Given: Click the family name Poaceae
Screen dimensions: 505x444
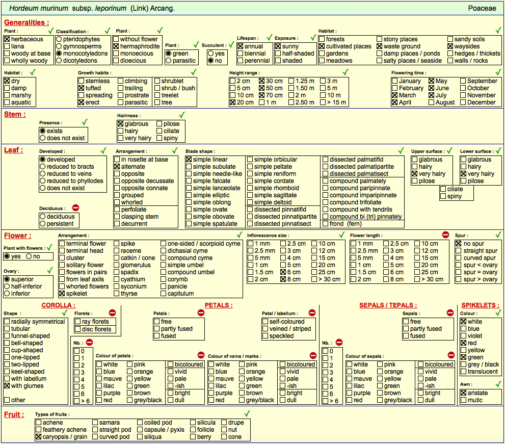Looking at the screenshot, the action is tap(482, 8).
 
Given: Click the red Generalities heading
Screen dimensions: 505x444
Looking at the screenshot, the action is tap(26, 22).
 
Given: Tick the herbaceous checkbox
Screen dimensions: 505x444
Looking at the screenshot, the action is tap(7, 39).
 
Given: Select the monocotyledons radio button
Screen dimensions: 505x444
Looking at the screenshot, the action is tap(59, 54).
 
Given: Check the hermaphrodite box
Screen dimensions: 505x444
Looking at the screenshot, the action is tap(116, 46).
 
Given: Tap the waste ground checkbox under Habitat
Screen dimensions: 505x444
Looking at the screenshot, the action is tap(380, 46).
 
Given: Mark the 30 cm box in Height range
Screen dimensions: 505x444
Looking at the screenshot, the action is tap(262, 81).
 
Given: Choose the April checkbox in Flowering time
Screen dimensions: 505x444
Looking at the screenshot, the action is tap(395, 102).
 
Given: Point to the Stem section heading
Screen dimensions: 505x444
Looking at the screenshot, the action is tap(15, 114).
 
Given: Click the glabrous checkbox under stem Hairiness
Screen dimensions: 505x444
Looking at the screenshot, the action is tap(120, 124).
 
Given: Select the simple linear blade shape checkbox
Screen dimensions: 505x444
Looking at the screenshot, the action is tap(189, 160).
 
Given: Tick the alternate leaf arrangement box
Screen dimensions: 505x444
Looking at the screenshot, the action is tap(117, 167).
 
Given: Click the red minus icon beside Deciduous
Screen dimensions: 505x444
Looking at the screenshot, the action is tap(76, 208).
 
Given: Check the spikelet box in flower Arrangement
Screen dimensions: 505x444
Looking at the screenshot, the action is tap(62, 294).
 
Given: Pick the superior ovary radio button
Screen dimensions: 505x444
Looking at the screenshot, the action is tap(7, 279).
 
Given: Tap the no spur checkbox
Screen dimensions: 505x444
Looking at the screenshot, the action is tap(459, 244).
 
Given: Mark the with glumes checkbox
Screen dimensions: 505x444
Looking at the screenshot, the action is tap(7, 386).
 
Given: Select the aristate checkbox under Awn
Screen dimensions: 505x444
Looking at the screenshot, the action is tap(463, 393).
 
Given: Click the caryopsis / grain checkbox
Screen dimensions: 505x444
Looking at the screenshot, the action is tap(39, 437).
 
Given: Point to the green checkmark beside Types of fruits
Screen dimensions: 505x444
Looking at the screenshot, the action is tap(247, 413).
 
